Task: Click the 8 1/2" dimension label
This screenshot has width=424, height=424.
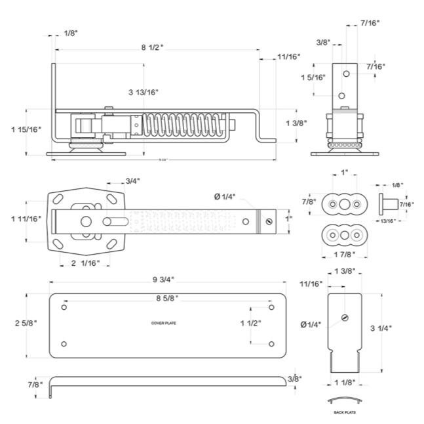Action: (x=151, y=47)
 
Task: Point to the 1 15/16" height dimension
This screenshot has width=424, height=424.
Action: (x=26, y=129)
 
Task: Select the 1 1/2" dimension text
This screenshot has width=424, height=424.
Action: (x=250, y=323)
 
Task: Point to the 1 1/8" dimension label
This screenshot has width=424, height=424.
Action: (x=345, y=382)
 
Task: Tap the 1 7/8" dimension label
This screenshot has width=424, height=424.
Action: (x=344, y=255)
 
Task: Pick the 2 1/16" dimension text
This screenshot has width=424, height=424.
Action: (x=85, y=263)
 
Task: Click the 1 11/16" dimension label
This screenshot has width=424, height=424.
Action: (x=26, y=219)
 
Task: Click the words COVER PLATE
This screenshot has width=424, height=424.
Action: (x=164, y=324)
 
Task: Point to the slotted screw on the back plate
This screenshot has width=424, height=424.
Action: (x=344, y=318)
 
